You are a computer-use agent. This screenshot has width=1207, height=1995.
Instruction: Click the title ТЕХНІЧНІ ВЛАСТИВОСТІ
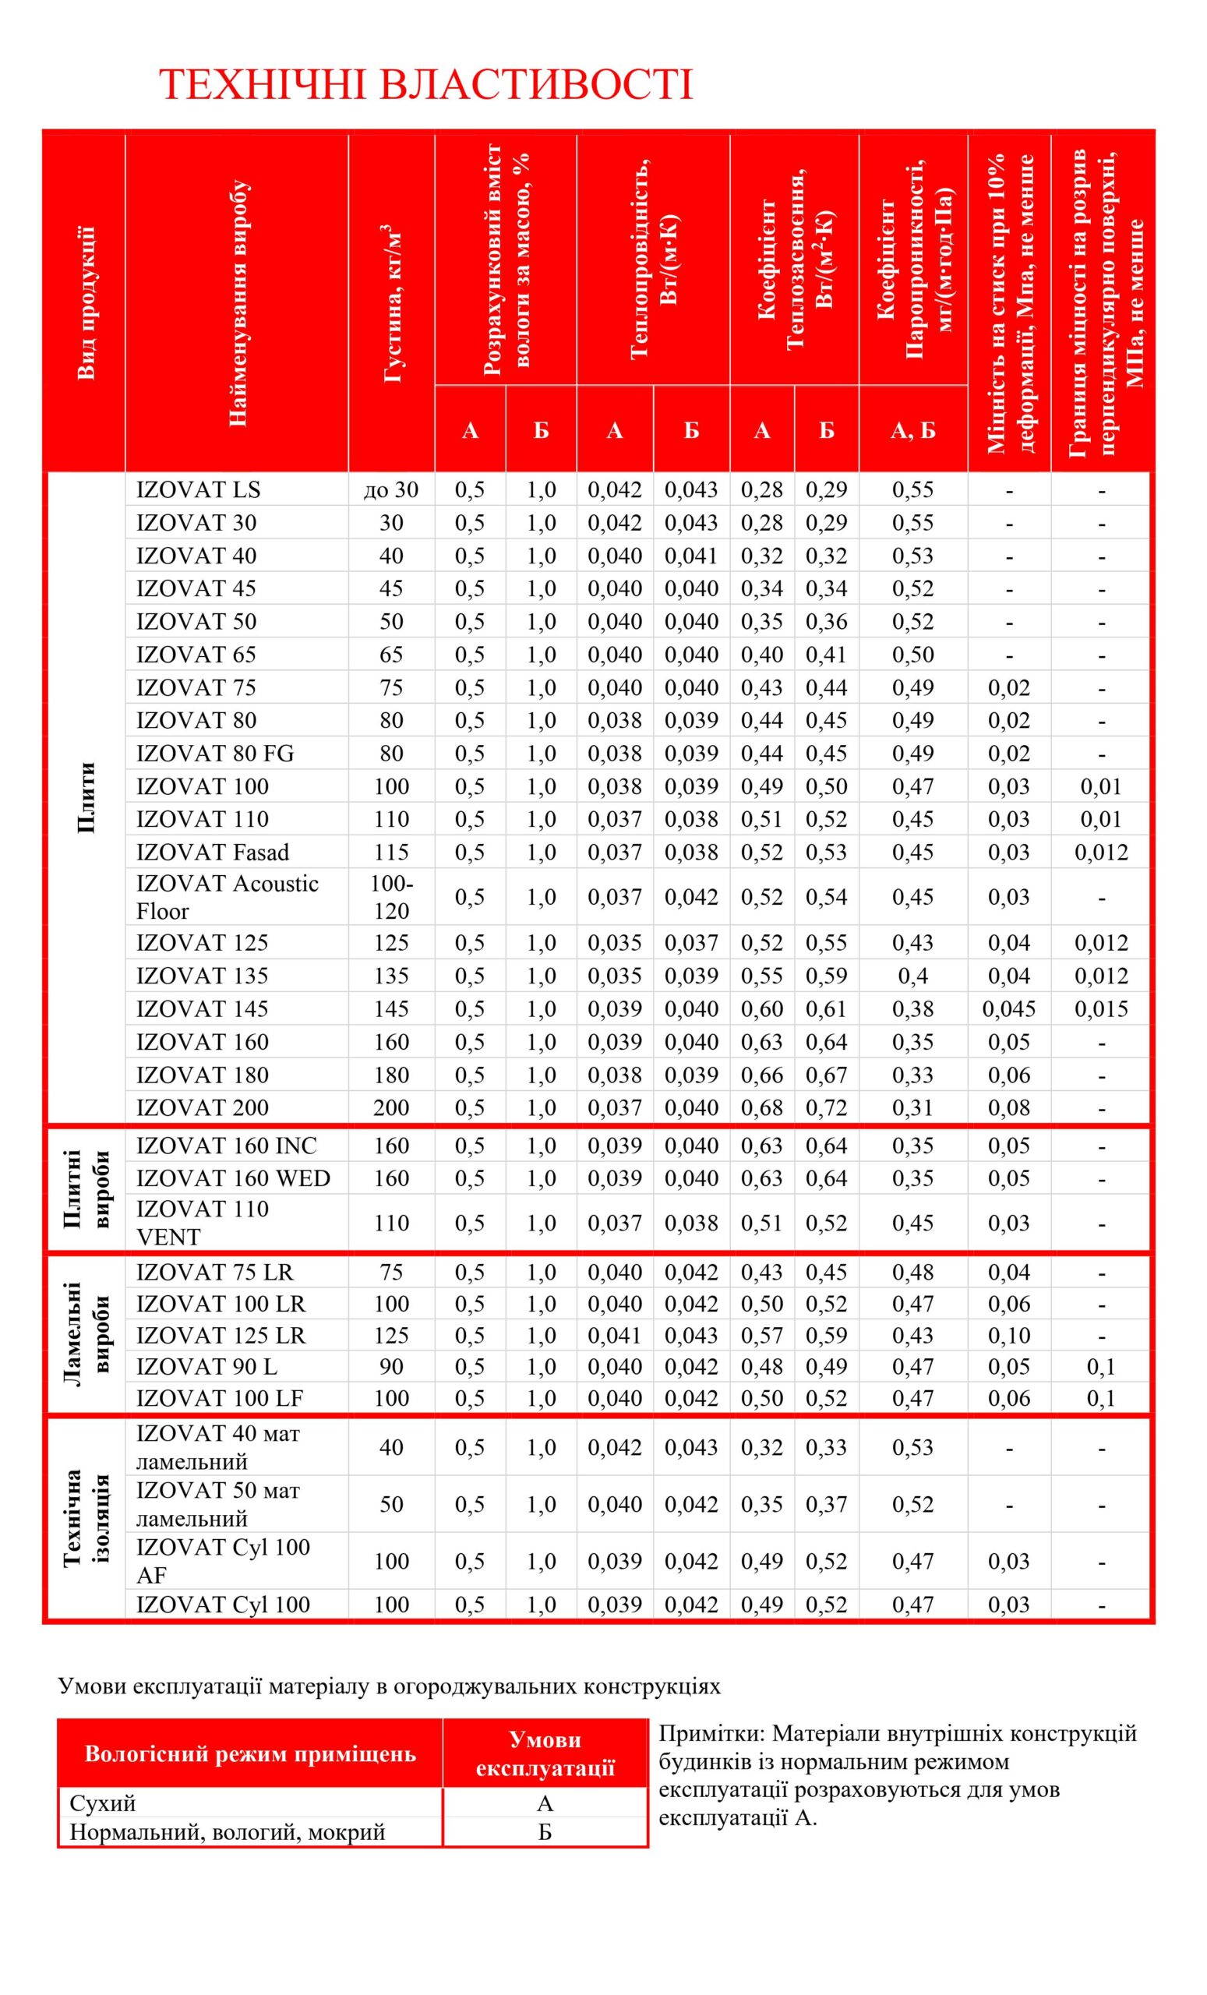[x=425, y=85]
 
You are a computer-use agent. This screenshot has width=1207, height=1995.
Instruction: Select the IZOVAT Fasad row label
[x=212, y=852]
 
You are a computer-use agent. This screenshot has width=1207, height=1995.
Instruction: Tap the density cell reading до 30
[x=391, y=490]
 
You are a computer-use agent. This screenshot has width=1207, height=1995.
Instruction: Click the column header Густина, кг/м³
[x=392, y=304]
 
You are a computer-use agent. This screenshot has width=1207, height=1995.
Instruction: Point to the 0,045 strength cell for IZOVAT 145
[x=1008, y=1009]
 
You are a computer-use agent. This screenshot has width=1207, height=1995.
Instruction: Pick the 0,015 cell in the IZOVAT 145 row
[x=1101, y=1009]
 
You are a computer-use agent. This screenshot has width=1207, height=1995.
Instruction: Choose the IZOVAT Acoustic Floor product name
[x=227, y=897]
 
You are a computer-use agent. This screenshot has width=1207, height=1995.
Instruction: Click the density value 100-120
[x=391, y=897]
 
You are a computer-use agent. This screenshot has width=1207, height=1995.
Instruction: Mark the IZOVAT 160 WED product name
[x=233, y=1178]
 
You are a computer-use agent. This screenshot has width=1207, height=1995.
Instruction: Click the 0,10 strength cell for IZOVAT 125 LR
[x=1008, y=1335]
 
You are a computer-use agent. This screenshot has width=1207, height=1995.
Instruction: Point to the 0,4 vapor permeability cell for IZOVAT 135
[x=912, y=976]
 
